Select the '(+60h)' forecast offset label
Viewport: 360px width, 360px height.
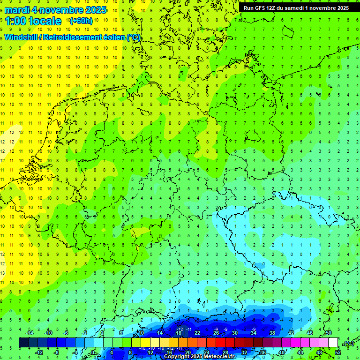pos(81,21)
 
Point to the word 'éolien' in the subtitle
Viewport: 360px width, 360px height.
pos(112,37)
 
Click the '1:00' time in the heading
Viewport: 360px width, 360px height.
pos(16,21)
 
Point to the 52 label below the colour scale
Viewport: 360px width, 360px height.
pos(338,352)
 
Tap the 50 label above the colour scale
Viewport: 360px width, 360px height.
pos(329,333)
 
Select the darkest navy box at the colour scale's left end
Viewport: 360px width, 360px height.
pos(23,343)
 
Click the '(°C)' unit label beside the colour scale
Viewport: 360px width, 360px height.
pos(348,343)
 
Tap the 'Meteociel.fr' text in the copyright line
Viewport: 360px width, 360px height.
pos(219,357)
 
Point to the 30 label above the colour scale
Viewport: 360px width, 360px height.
pos(235,333)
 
